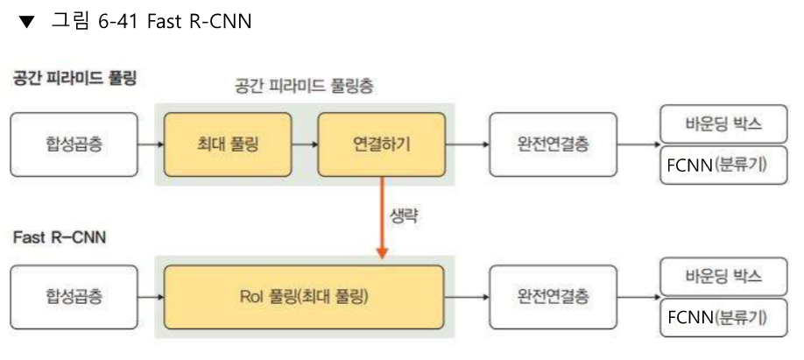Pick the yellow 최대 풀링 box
228,143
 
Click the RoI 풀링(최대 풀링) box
304,296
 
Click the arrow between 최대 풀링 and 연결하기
305,143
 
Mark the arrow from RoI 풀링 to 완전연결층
467,296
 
